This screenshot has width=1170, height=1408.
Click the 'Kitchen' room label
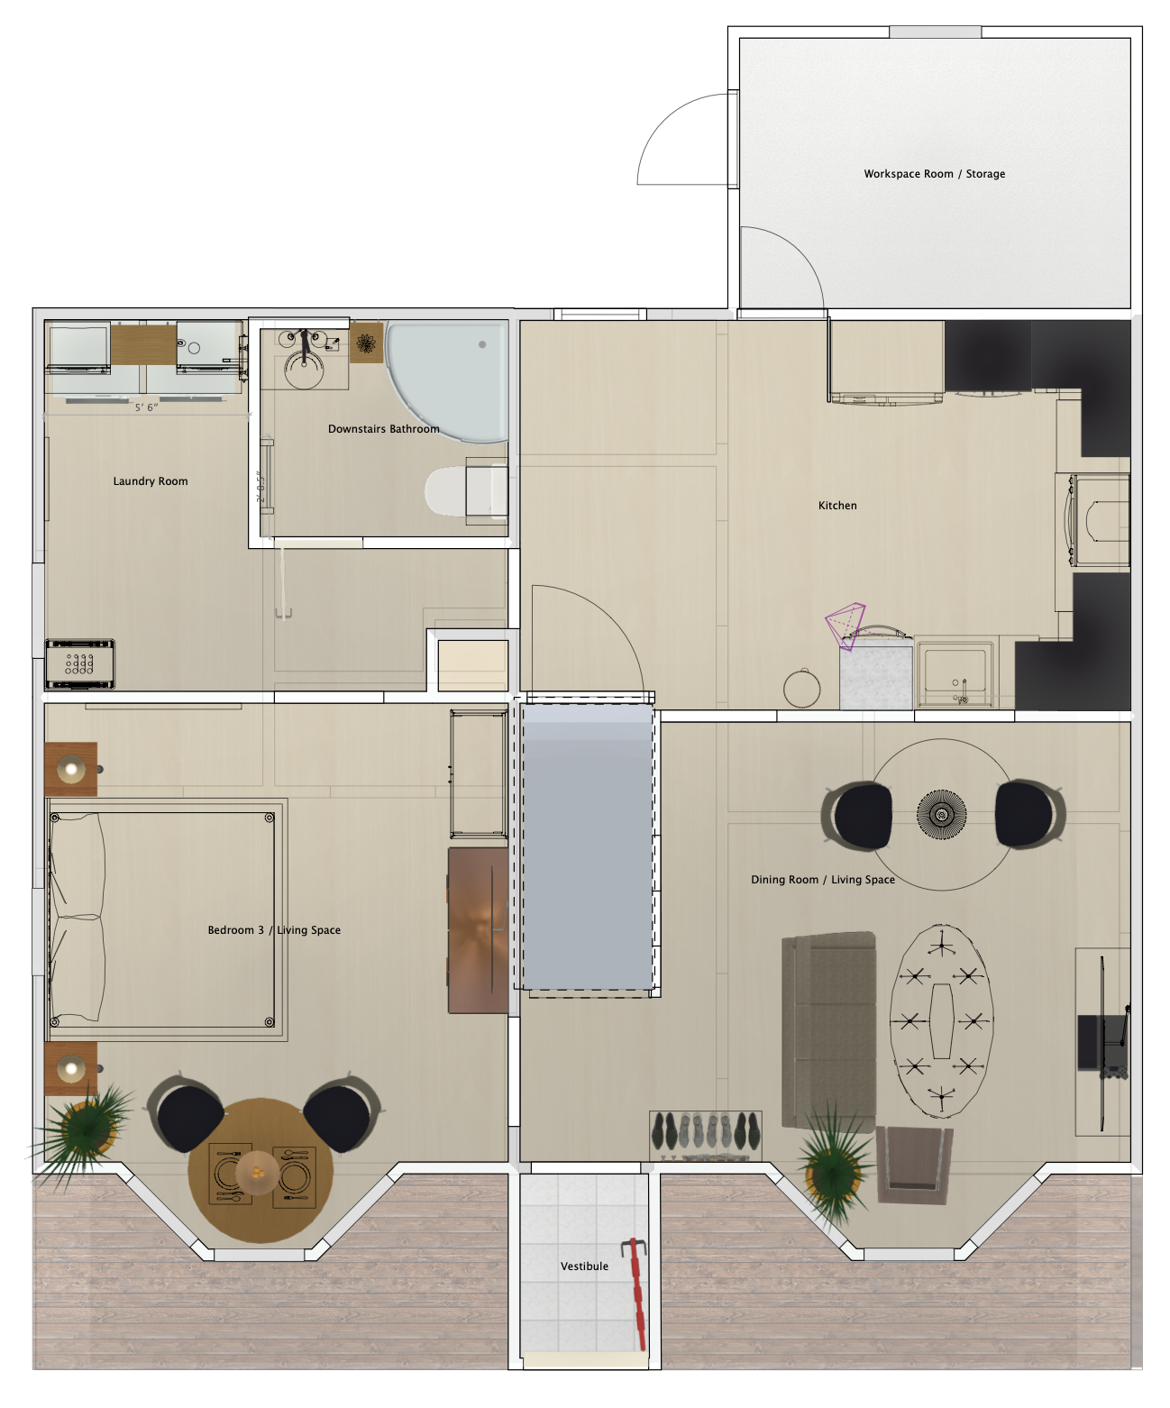(837, 506)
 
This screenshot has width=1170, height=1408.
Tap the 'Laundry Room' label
(151, 481)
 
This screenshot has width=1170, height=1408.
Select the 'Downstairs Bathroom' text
(383, 429)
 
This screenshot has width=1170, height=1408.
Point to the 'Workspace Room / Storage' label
(934, 174)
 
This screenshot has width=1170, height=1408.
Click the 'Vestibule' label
(584, 1266)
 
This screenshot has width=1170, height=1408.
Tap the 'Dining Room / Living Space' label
(823, 880)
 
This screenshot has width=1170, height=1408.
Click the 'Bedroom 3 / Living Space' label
(274, 930)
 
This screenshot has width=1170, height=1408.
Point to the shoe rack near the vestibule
(706, 1134)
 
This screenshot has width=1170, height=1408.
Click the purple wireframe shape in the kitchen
(846, 625)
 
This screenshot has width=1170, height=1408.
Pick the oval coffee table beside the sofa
(942, 1020)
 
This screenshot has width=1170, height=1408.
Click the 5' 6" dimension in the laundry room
(146, 407)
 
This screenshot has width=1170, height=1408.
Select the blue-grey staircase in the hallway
(588, 847)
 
